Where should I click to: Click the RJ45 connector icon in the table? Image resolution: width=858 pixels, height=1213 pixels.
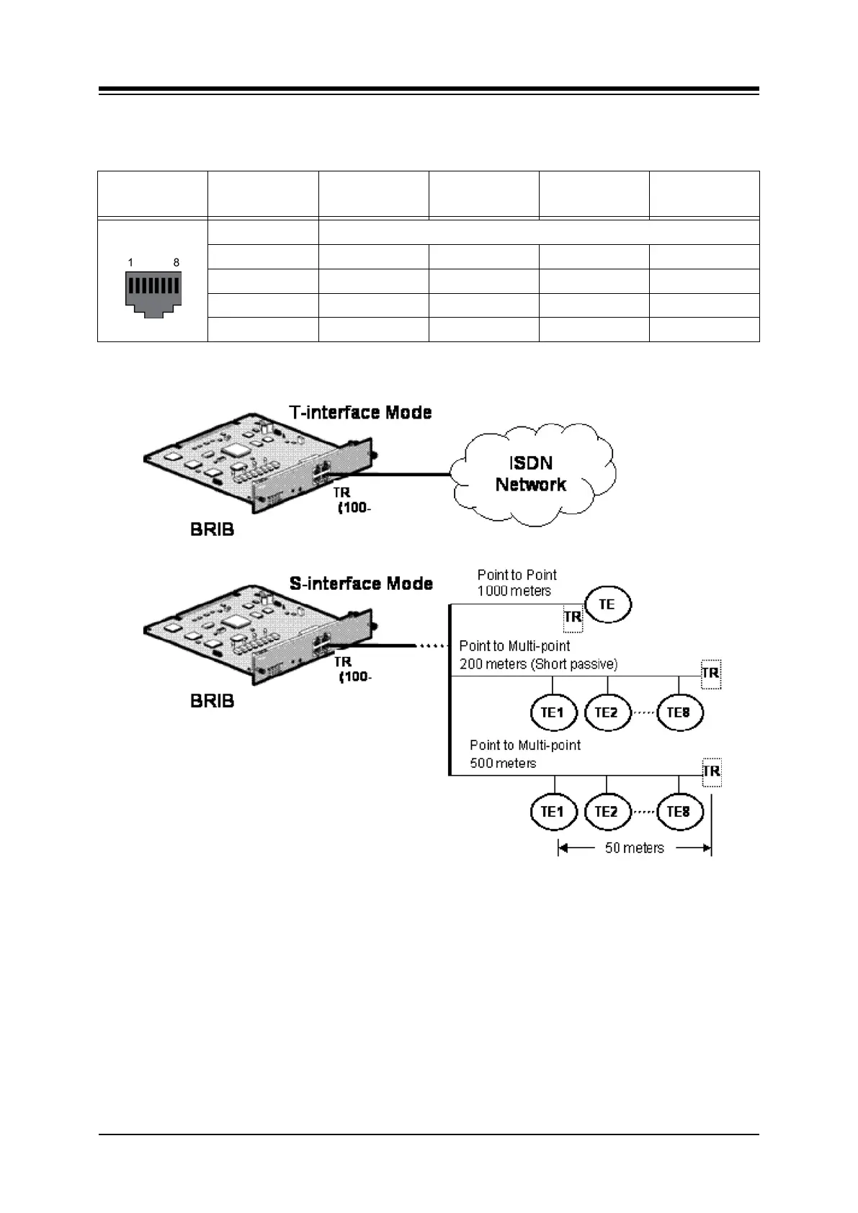tap(152, 294)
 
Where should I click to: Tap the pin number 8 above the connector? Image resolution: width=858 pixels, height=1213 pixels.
tap(176, 263)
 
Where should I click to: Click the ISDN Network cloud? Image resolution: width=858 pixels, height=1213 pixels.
tap(532, 473)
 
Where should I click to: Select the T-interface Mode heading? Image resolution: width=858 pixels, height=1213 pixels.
tap(360, 413)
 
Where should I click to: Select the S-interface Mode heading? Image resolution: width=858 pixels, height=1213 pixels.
tap(361, 583)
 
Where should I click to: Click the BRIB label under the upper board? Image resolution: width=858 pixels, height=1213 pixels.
tap(212, 530)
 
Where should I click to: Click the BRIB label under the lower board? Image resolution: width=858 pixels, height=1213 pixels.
tap(212, 701)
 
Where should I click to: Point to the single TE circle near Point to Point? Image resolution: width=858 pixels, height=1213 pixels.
tap(607, 604)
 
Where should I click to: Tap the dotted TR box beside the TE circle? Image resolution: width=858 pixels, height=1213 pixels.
tap(573, 617)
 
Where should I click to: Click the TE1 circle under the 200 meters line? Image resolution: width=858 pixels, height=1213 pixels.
tap(553, 713)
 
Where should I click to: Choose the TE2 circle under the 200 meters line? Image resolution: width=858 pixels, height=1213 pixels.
tap(607, 713)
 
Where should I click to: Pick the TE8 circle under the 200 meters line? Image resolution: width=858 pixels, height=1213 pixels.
tap(679, 713)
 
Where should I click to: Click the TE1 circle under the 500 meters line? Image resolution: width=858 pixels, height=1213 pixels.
tap(553, 812)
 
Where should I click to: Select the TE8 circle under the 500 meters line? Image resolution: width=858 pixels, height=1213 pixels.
tap(679, 812)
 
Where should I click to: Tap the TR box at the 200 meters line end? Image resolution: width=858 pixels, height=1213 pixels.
tap(710, 673)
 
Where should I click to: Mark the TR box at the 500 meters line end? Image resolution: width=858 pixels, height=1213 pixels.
tap(711, 771)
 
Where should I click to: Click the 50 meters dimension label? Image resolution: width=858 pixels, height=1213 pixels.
tap(634, 848)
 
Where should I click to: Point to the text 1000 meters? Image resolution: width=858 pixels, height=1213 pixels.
tap(514, 591)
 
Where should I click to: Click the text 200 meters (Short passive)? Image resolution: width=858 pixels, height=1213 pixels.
tap(538, 664)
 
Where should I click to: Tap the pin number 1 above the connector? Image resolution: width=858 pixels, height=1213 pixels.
tap(130, 263)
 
